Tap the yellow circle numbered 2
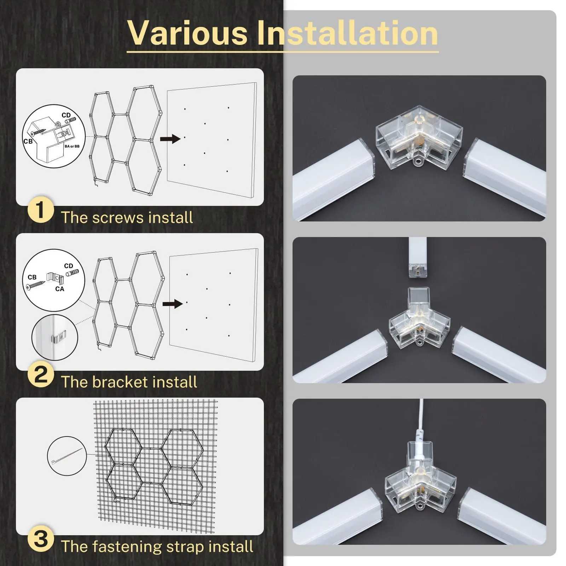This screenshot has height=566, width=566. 41,375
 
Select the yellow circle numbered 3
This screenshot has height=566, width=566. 41,539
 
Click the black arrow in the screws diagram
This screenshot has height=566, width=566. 170,139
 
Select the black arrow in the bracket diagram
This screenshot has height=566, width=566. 172,304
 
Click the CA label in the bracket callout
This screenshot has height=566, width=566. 60,289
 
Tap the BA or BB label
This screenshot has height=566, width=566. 72,146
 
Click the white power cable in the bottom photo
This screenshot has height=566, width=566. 421,421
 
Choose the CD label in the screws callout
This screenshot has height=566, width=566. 66,115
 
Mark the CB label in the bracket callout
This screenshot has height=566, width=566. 32,277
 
